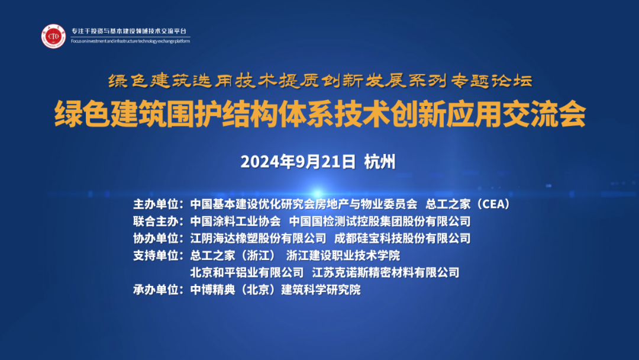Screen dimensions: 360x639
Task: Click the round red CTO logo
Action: (x=53, y=36)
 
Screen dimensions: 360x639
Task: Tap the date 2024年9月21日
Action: (x=298, y=162)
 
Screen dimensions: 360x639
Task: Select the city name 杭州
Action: (x=380, y=162)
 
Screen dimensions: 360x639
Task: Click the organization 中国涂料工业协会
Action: (x=235, y=221)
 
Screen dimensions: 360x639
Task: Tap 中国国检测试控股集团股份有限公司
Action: (x=379, y=221)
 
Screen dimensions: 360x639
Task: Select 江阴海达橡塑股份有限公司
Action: (x=258, y=239)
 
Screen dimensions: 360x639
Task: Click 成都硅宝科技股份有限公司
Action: (x=402, y=239)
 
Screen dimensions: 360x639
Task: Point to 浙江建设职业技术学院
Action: (x=343, y=256)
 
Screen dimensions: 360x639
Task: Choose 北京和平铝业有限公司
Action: (x=247, y=273)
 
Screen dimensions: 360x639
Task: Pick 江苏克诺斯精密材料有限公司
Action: (x=386, y=273)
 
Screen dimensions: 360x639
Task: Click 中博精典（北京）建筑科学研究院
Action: (x=275, y=290)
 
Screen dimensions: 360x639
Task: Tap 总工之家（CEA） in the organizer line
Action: (x=467, y=204)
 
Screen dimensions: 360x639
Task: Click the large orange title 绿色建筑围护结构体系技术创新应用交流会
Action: (x=319, y=115)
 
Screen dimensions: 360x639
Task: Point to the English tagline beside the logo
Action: (x=130, y=41)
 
